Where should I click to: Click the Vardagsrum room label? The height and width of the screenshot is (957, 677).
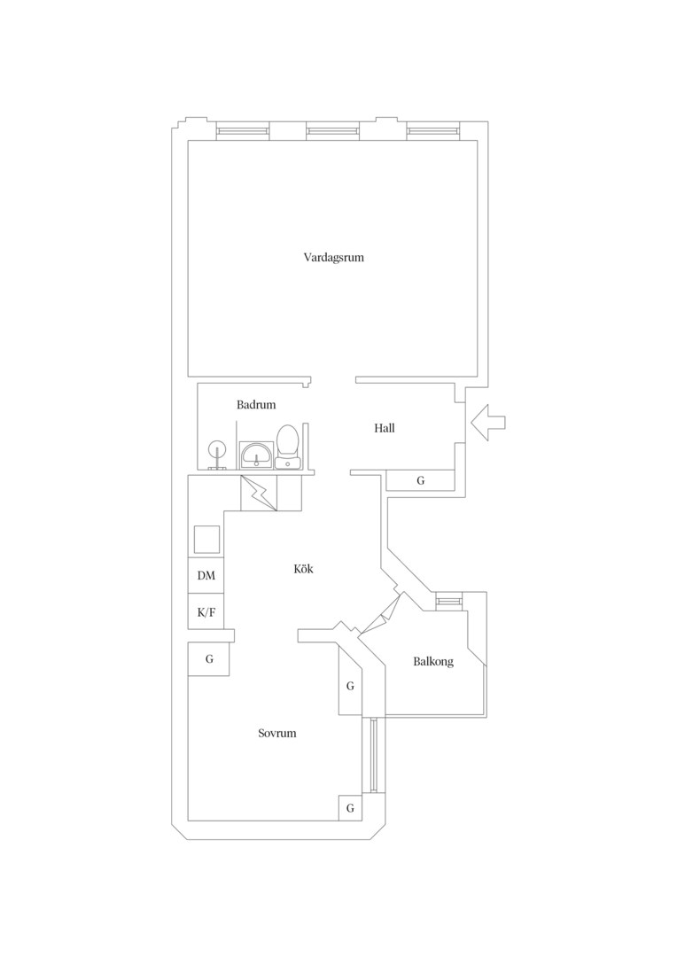coord(334,258)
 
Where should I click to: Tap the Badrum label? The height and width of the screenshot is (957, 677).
coord(256,405)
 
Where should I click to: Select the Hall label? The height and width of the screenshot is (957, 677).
coord(385,429)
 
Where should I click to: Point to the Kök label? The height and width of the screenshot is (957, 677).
coord(303,569)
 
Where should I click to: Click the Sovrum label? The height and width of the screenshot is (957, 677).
coord(277,733)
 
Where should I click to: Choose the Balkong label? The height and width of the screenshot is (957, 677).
coord(433,662)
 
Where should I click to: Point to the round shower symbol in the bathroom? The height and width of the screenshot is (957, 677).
coord(217,453)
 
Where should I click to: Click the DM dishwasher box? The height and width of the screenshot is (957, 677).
coord(206,576)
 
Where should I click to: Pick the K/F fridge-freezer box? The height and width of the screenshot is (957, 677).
coord(206,611)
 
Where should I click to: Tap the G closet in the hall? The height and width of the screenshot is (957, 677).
coord(421,480)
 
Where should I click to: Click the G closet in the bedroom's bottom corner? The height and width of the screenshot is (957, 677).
coord(350,808)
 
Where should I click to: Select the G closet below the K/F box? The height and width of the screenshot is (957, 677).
coord(209,659)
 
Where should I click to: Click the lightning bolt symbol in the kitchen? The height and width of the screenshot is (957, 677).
coord(259,494)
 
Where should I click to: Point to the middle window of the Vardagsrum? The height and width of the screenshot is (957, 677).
coord(332,130)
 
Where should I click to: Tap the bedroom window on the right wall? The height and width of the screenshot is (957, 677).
coord(374,756)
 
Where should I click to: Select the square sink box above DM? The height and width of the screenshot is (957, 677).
coord(206,539)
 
